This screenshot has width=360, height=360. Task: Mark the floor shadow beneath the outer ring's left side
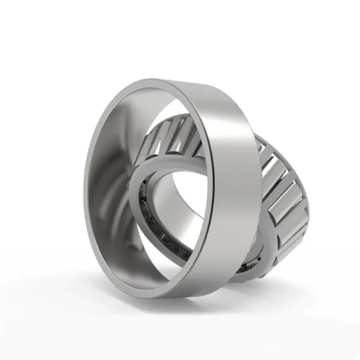point(124,288)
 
